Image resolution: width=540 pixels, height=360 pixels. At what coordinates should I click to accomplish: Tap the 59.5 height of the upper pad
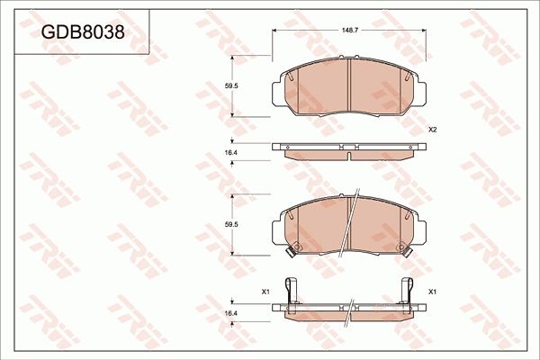point(231,86)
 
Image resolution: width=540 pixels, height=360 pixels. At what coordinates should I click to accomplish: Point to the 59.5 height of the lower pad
point(231,223)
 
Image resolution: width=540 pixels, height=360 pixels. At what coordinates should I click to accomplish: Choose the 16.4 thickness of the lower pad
point(231,312)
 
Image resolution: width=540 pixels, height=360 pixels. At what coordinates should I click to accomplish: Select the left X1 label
point(265,292)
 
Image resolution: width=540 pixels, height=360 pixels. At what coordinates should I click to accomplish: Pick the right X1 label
point(432,292)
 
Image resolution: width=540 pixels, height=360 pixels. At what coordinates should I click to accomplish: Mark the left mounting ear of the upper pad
point(275,89)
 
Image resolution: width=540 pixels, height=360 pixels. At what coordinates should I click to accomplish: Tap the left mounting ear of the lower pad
point(275,227)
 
